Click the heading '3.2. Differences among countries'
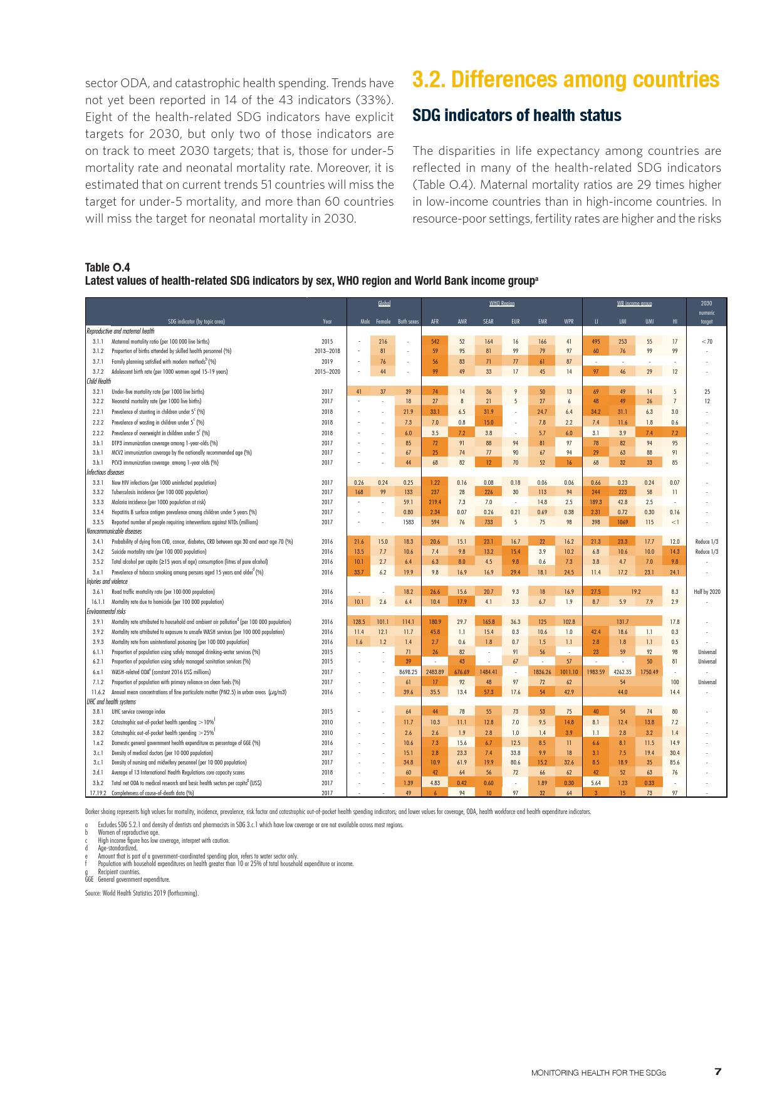pos(565,80)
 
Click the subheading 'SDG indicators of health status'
pos(516,115)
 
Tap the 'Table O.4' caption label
pos(107,268)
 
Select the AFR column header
pos(434,322)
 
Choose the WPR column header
pos(568,322)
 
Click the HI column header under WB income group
pos(674,322)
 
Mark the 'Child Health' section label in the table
pos(98,381)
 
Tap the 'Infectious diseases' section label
pos(105,472)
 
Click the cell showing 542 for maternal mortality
pos(435,342)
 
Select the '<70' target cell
pos(706,342)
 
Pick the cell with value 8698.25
pos(408,672)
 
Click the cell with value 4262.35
pos(622,672)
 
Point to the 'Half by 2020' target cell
pos(706,591)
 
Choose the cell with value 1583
pos(408,522)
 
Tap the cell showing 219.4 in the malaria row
pos(435,502)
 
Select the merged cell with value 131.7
pos(622,621)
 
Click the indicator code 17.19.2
pos(96,793)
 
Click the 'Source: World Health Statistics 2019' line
pos(142,893)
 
